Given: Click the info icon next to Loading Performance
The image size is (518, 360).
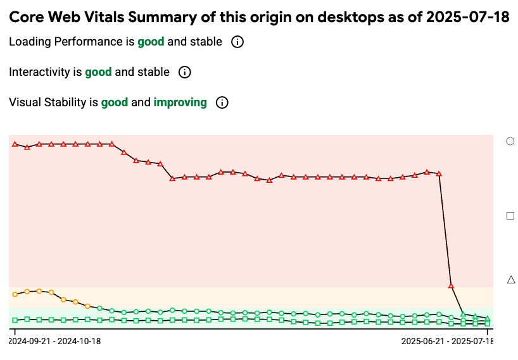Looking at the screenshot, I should pos(237,42).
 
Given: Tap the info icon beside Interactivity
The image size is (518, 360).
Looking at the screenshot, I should pos(185,72).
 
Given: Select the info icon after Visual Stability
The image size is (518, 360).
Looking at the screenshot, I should pos(222,102).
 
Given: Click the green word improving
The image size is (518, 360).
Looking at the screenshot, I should pos(180,102).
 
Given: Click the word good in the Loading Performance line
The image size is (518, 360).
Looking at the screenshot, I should pos(151,42).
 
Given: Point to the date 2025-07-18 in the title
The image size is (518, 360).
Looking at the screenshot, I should pos(467,17).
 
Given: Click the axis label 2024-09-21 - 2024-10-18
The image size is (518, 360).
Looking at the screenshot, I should pos(54,341).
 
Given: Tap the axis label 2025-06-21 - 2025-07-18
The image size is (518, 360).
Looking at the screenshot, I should pos(447,341).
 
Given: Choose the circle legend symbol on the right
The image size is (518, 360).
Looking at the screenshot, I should pos(510,141).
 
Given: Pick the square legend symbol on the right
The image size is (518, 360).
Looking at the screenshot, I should pos(510,216).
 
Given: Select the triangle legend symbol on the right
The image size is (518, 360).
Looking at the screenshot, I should pos(511,279).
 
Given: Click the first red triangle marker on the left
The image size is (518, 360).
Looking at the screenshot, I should pos(15,144).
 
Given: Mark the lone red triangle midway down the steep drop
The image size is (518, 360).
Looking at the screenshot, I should pos(451,285).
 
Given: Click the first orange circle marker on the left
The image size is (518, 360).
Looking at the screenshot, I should pos(15,294).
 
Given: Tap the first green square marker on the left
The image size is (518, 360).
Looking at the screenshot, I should pos(15,320).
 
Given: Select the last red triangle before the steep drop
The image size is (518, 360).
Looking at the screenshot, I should pos(439,173).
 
